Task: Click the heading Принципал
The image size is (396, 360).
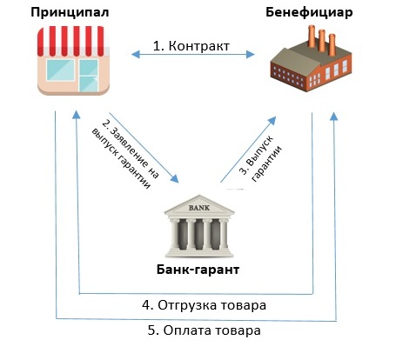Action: click(x=70, y=13)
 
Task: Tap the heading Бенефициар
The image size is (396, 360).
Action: click(x=309, y=12)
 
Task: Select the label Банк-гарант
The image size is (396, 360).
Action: click(x=198, y=270)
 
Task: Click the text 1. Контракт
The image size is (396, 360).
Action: click(x=191, y=46)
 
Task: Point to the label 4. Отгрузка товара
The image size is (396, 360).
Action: click(x=204, y=305)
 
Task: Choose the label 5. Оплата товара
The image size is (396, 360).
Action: click(x=204, y=330)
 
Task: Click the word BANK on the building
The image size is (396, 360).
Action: click(x=199, y=208)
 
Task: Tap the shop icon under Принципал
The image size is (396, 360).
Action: click(x=73, y=61)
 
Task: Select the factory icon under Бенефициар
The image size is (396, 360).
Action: click(x=311, y=59)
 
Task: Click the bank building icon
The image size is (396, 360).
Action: click(x=199, y=226)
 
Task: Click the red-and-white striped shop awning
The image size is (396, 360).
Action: click(x=73, y=41)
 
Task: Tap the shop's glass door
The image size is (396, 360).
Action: click(x=89, y=76)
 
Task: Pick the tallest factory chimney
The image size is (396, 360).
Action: click(x=312, y=37)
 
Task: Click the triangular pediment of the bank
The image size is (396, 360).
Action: click(x=199, y=205)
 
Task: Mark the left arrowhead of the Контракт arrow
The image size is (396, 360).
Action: click(x=136, y=54)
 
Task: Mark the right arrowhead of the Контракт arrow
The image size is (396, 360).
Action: click(x=251, y=54)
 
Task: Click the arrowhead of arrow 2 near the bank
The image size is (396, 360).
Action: click(x=175, y=179)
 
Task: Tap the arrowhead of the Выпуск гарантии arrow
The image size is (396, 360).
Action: click(x=272, y=121)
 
